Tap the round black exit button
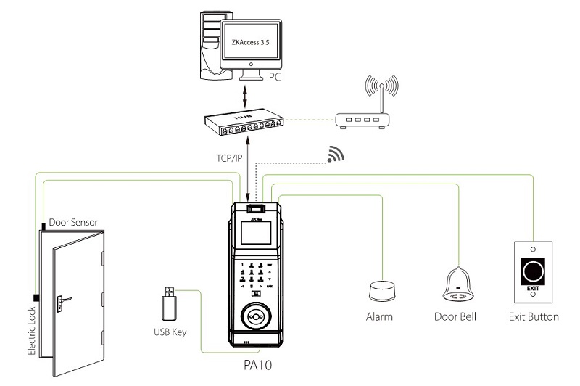click(534, 271)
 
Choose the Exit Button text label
click(534, 317)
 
